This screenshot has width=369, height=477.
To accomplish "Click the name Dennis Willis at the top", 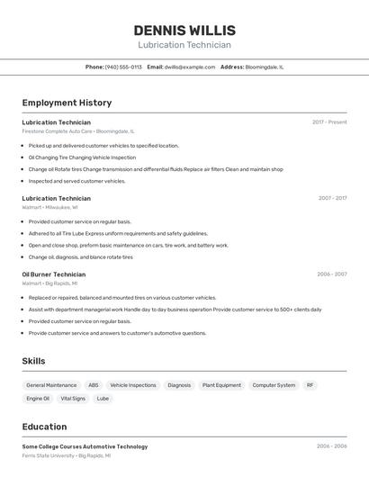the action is [x=184, y=31].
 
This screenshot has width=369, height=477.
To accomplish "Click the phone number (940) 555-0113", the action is [x=123, y=67].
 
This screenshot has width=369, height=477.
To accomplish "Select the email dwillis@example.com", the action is [x=189, y=67].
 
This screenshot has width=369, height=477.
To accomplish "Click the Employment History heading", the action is [x=67, y=103].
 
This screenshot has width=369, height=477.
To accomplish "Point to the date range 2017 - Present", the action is [x=329, y=122].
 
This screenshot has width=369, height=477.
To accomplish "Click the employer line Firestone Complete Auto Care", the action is [x=77, y=131].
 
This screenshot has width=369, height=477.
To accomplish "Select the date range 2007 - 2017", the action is [x=332, y=198].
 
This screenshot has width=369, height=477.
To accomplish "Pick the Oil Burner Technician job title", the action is [x=54, y=274].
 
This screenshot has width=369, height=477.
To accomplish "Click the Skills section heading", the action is [x=33, y=361].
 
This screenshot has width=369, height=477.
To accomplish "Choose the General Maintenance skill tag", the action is [x=51, y=385].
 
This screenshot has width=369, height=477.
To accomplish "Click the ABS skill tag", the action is [x=94, y=385].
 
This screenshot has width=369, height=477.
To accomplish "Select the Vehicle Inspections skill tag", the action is [x=133, y=385].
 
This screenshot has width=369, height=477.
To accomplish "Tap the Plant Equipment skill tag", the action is [x=221, y=385].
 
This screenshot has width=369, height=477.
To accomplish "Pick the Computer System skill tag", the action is [x=274, y=385].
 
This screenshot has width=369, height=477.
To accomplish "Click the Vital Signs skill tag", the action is [x=73, y=398].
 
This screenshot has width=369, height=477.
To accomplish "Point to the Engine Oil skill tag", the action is [x=38, y=398].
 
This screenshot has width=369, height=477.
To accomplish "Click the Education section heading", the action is [x=44, y=427].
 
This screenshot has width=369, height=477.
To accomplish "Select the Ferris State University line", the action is [x=66, y=455].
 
